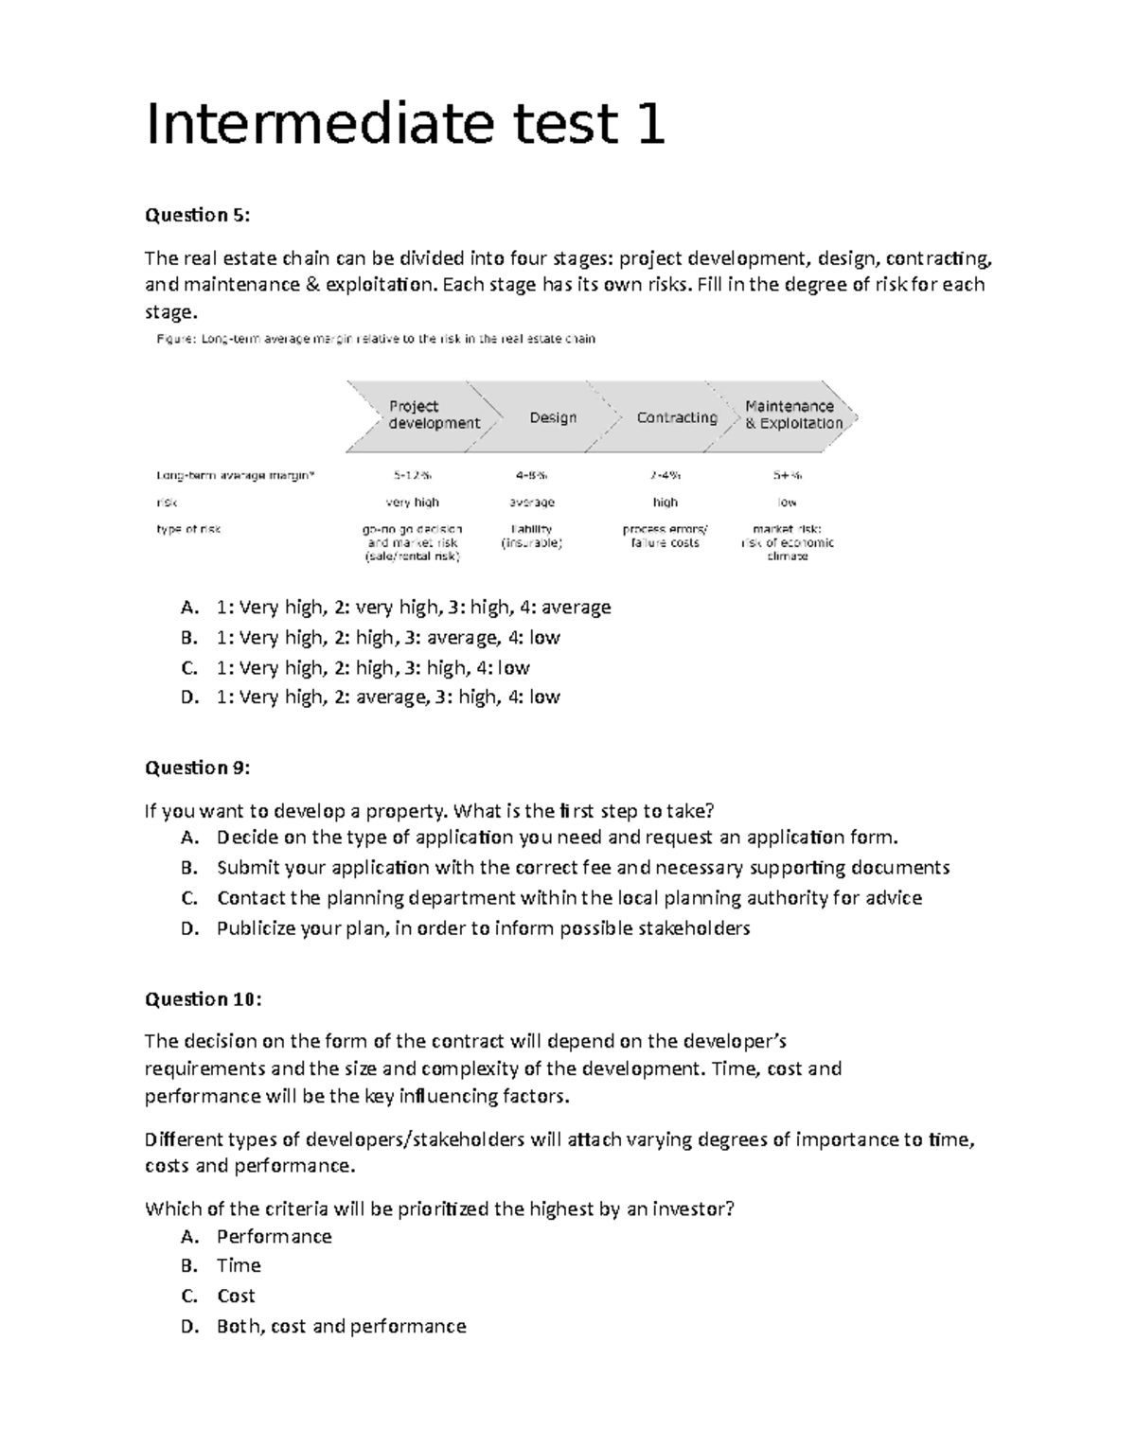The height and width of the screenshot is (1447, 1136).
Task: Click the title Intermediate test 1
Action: (x=404, y=126)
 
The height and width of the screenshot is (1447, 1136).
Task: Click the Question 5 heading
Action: (x=197, y=215)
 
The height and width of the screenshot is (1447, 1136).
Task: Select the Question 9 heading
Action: (x=197, y=768)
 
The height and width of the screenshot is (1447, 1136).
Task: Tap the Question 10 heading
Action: (x=203, y=999)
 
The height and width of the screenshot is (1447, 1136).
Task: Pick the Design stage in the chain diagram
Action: (x=553, y=417)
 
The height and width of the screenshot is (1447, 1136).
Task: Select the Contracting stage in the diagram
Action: (x=676, y=417)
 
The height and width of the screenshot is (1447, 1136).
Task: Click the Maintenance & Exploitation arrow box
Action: (x=792, y=415)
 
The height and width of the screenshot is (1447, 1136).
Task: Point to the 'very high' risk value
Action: (x=413, y=503)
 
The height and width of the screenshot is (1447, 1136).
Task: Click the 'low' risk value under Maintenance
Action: (x=787, y=503)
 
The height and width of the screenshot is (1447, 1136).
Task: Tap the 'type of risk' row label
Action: (x=188, y=529)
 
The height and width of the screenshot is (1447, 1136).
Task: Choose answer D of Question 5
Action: (x=387, y=697)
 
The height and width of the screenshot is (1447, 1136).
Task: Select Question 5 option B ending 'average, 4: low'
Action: (x=387, y=638)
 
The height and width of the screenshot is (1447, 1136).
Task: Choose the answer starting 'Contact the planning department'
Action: (x=568, y=897)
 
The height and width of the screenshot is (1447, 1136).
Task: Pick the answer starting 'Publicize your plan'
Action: (x=483, y=928)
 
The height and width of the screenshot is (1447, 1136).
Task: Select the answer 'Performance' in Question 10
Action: (x=274, y=1237)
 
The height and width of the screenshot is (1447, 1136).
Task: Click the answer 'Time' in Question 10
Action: (x=239, y=1266)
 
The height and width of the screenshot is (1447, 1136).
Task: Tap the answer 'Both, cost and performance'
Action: (x=341, y=1327)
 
